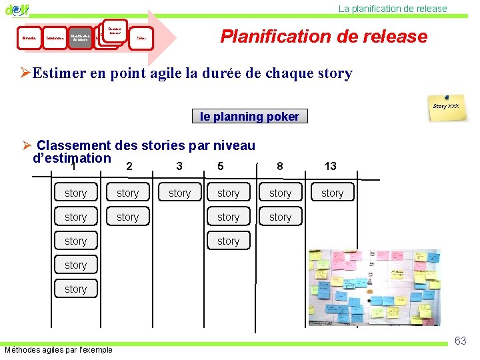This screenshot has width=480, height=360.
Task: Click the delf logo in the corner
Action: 17,9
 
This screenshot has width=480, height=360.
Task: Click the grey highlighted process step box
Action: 81,38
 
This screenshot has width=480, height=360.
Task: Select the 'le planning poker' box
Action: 250,117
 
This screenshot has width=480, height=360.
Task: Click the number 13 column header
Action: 330,166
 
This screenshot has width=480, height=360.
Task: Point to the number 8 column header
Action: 279,166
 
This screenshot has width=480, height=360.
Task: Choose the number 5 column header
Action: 221,166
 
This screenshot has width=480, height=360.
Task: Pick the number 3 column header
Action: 179,166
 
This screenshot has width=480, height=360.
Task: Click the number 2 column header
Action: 129,166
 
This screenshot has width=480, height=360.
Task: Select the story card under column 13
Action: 332,193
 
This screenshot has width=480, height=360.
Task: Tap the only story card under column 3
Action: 179,193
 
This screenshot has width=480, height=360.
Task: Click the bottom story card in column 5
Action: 228,241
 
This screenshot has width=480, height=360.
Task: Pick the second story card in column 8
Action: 280,217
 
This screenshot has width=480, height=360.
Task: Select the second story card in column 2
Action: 127,217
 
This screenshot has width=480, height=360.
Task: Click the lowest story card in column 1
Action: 75,289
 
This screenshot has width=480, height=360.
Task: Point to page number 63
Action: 460,341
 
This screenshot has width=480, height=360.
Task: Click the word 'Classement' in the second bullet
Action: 74,145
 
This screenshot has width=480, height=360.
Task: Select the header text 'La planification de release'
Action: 393,9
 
